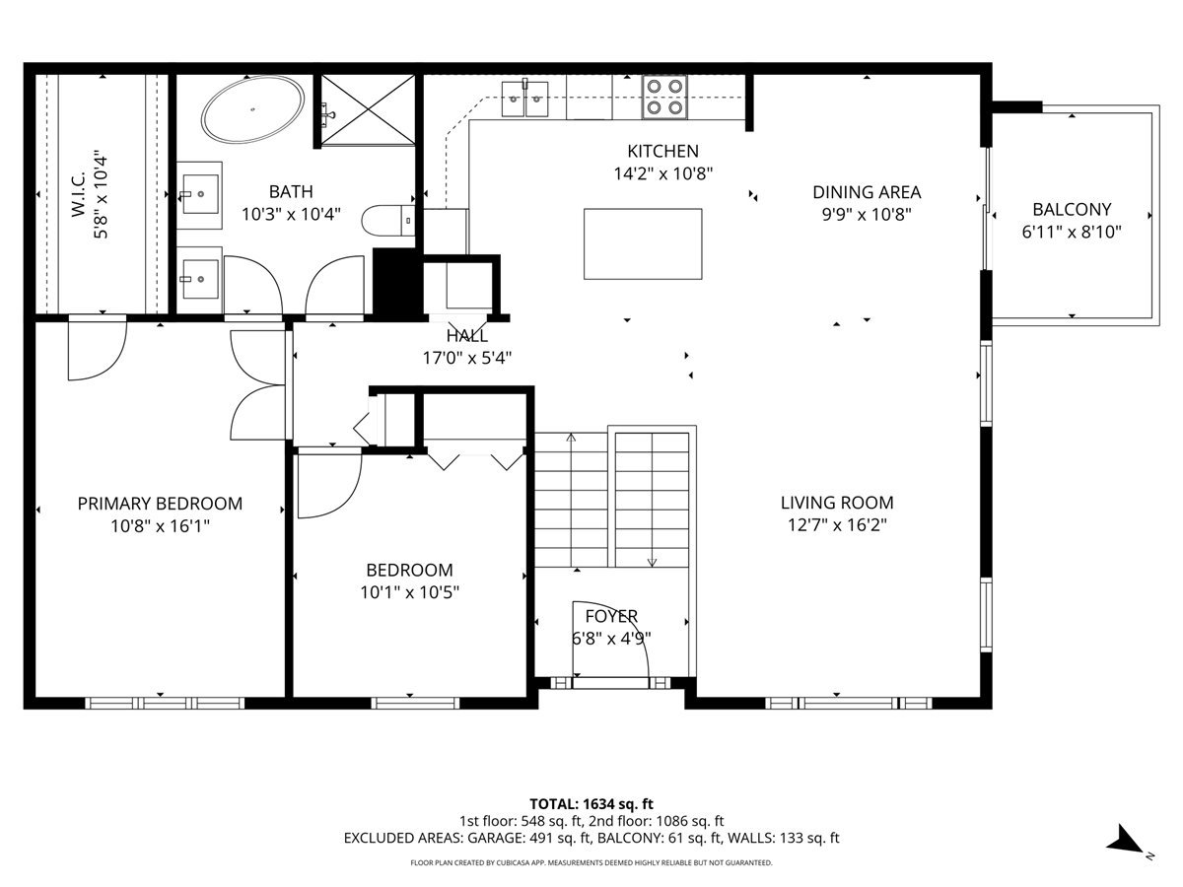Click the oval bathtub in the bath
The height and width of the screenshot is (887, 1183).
(x=252, y=110)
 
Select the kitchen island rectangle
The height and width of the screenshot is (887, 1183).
(x=643, y=243)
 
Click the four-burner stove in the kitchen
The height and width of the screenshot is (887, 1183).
(x=664, y=98)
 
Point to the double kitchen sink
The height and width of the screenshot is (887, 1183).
(x=524, y=98)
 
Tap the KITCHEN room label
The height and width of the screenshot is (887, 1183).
(x=662, y=151)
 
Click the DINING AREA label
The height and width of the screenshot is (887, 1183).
(x=867, y=192)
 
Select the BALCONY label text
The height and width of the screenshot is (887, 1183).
(x=1072, y=209)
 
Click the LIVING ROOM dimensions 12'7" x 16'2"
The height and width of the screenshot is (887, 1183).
(x=837, y=525)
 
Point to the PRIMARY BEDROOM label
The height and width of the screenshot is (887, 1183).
(x=160, y=504)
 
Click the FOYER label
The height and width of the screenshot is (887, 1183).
(x=611, y=616)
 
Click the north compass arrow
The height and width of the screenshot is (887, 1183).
(x=1126, y=841)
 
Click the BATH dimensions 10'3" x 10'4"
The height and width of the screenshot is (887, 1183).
(x=291, y=212)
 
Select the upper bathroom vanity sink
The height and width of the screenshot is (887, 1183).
(x=201, y=189)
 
